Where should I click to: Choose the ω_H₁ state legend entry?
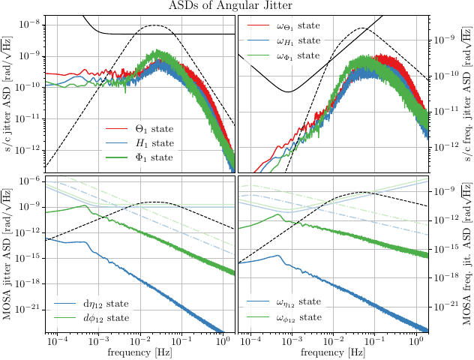click(299, 40)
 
